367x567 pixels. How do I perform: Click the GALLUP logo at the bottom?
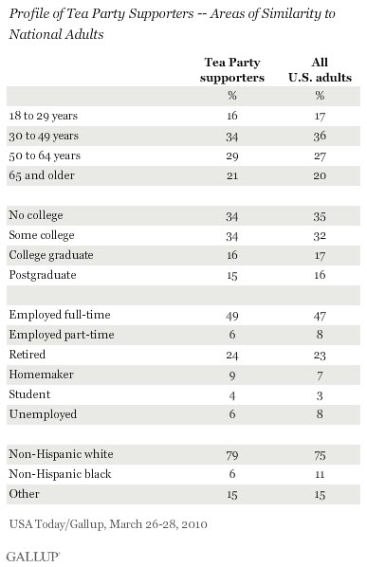(x=33, y=557)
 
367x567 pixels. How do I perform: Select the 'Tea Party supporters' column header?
(x=232, y=70)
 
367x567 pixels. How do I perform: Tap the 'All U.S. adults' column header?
(x=320, y=70)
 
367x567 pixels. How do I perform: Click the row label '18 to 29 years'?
(x=44, y=116)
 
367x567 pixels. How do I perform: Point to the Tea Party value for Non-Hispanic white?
(x=232, y=455)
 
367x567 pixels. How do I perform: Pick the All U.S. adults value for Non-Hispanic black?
(x=320, y=474)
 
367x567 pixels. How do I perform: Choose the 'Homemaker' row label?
(x=41, y=375)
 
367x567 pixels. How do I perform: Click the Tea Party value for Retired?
(x=232, y=356)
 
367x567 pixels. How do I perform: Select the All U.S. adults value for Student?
(x=320, y=395)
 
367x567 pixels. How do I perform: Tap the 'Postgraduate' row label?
(x=43, y=275)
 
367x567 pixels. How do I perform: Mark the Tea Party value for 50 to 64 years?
(x=232, y=156)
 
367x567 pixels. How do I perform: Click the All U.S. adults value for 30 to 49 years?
(x=320, y=137)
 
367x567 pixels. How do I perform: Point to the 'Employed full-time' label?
(x=60, y=315)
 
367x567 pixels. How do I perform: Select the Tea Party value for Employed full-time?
(x=232, y=316)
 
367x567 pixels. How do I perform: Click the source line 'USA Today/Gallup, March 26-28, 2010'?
(x=108, y=524)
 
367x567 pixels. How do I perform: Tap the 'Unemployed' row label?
(x=43, y=414)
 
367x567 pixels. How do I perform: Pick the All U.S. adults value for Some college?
(x=320, y=236)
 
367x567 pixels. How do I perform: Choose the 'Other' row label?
(x=25, y=494)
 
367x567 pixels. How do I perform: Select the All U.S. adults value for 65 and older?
(x=320, y=175)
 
